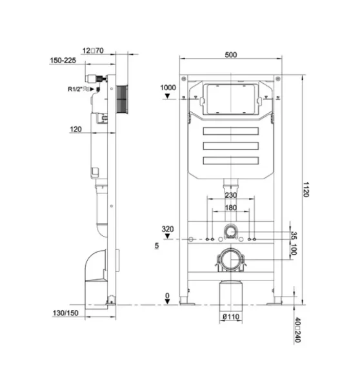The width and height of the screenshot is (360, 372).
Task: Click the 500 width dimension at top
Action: click(231, 55)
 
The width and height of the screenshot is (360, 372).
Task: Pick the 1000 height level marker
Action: click(167, 87)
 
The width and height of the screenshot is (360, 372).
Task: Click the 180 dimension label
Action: click(230, 208)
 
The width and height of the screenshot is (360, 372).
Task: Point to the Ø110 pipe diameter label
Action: click(230, 317)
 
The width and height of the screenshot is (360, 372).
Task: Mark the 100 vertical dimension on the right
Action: click(294, 250)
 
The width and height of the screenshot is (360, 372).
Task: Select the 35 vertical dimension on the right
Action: click(294, 235)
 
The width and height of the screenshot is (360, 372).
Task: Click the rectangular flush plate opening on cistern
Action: click(231, 99)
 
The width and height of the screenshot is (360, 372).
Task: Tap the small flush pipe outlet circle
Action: click(231, 231)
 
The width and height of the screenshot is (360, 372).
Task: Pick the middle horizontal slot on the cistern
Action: click(230, 146)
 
